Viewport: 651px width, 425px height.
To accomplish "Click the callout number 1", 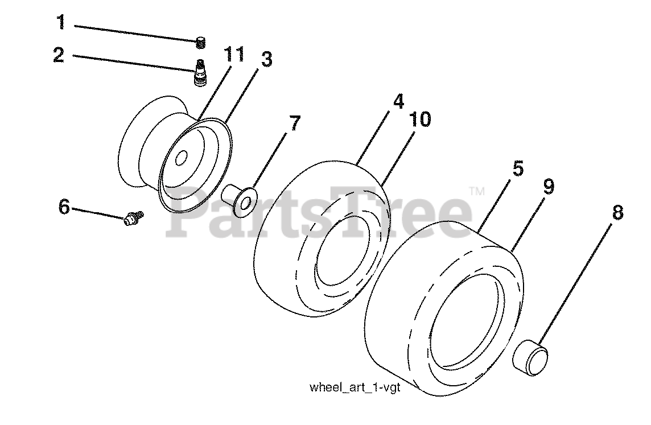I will [x=61, y=23].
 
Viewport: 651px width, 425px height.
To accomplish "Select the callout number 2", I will [x=59, y=56].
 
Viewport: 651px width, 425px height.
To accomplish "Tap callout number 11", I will [x=234, y=55].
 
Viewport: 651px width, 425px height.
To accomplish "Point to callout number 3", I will [x=266, y=59].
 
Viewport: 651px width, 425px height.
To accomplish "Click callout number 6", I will [x=64, y=207].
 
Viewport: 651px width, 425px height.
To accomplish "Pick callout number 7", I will [x=294, y=123].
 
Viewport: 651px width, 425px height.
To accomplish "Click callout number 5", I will [x=517, y=169].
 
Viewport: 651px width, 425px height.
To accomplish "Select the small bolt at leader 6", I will [x=133, y=217].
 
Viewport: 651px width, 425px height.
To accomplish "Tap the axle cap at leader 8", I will [x=532, y=357].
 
